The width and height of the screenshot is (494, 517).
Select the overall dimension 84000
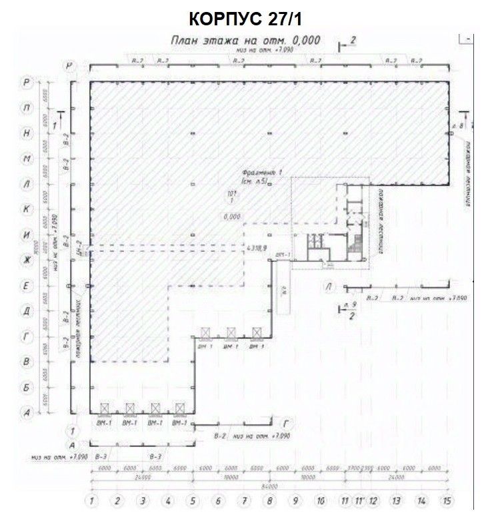coord(269,486)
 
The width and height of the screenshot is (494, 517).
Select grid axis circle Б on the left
coord(27,387)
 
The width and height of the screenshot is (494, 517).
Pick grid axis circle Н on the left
coord(27,133)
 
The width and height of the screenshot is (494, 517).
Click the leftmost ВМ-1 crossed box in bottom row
coord(105,408)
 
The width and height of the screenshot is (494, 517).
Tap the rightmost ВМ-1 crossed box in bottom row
coord(179,408)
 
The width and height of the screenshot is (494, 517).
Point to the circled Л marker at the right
coord(328,286)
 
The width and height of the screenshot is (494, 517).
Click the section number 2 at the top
coord(353,42)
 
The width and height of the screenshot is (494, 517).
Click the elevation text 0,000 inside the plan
coord(232,216)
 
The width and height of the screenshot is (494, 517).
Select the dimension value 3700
coord(353,468)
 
